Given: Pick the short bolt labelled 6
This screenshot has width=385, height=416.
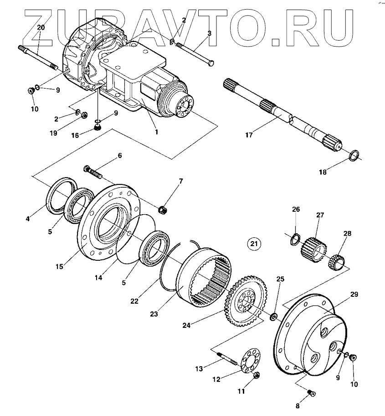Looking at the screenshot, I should point(94,172).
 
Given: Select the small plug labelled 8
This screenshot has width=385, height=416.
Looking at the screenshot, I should point(312,392).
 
